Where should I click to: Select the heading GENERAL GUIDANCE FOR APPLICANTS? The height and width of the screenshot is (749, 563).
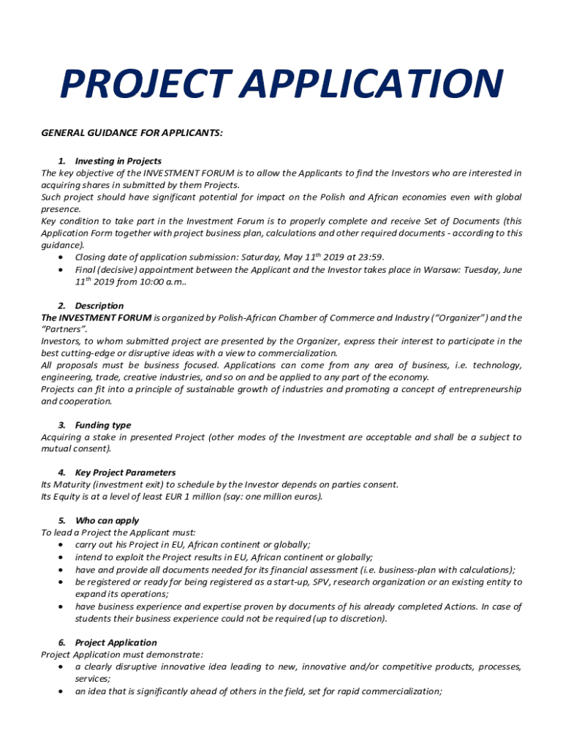pyautogui.click(x=132, y=132)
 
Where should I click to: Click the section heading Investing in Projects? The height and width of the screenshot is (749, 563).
pyautogui.click(x=118, y=161)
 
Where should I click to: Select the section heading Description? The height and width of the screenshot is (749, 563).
pyautogui.click(x=99, y=306)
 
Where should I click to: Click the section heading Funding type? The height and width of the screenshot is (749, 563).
pyautogui.click(x=103, y=425)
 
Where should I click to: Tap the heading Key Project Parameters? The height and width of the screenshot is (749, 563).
pyautogui.click(x=125, y=473)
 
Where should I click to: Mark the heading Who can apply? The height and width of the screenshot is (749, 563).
pyautogui.click(x=107, y=521)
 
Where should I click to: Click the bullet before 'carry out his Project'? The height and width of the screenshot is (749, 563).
pyautogui.click(x=58, y=545)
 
